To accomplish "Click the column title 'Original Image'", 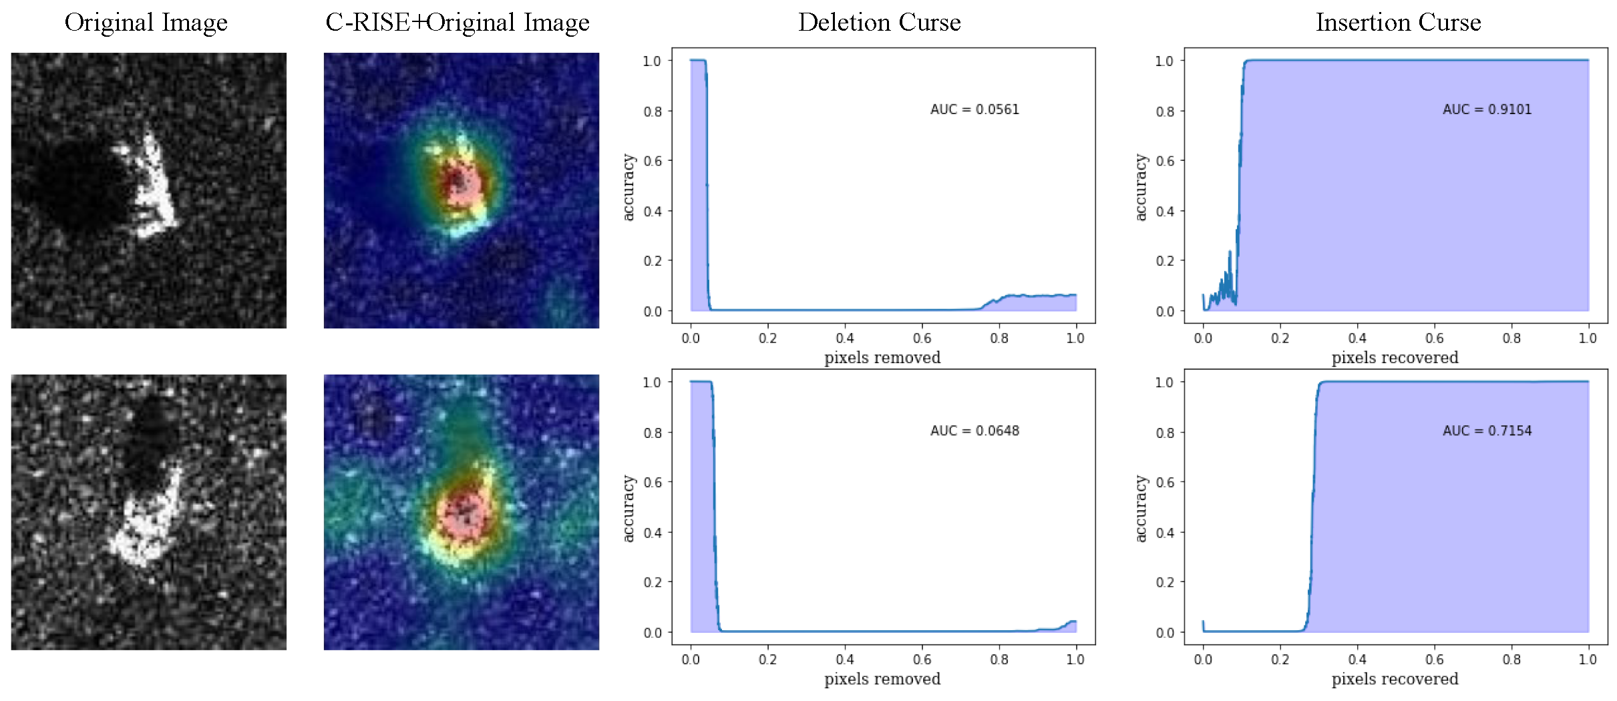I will [146, 23].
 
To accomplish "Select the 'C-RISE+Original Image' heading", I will [458, 23].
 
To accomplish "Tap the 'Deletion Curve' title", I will [879, 23].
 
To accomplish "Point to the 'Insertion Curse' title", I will [1398, 23].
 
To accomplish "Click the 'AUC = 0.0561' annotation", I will [974, 109].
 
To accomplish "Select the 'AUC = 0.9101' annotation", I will [1487, 109].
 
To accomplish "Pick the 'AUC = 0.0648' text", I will [974, 431].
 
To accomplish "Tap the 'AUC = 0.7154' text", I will [1487, 431].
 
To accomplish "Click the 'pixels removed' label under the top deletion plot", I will [882, 358].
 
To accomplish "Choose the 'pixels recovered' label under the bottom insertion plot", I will [1395, 679].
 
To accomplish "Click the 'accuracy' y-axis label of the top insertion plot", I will [1141, 187].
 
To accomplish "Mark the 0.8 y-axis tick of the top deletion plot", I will [653, 111].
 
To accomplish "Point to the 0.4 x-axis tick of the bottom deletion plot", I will [844, 660].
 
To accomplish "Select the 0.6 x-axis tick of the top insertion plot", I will [1434, 338].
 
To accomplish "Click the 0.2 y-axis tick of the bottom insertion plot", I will [1165, 583].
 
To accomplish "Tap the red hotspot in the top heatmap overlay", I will [460, 184].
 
